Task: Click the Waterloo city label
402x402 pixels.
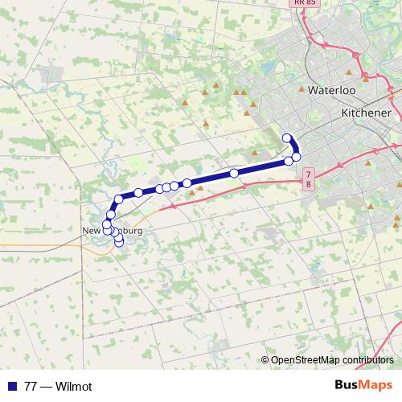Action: click(x=332, y=91)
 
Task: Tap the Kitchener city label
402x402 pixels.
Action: click(x=366, y=113)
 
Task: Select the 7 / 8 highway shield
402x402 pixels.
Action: click(x=309, y=179)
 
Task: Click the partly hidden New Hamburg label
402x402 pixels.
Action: click(x=113, y=231)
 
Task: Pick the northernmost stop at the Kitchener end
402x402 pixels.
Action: click(x=287, y=137)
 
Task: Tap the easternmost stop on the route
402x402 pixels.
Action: click(x=296, y=156)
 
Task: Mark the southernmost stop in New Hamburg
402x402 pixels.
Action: click(x=120, y=241)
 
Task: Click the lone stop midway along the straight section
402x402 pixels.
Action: click(x=234, y=173)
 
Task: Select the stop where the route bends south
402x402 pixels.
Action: click(x=119, y=199)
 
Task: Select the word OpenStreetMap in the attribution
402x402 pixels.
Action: click(x=307, y=360)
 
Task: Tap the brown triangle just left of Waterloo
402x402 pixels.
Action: click(x=301, y=90)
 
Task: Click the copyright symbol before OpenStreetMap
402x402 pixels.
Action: click(x=265, y=360)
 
